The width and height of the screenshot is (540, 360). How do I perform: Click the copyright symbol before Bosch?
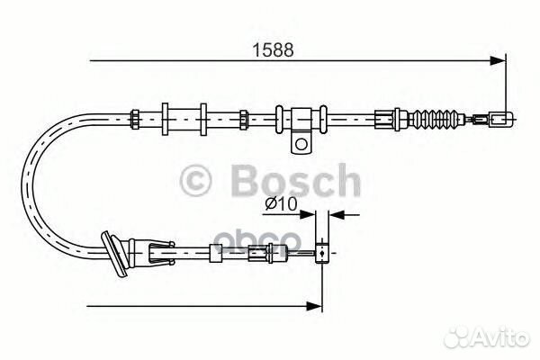click(198, 182)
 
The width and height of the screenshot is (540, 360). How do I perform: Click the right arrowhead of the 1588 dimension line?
click(497, 61)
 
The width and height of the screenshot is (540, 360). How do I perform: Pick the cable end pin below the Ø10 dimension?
click(321, 256)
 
